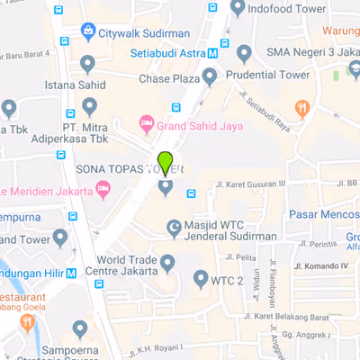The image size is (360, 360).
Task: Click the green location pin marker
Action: tap(165, 164)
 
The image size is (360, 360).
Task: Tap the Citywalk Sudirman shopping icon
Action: tap(88, 32)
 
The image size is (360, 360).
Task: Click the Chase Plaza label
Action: tap(170, 79)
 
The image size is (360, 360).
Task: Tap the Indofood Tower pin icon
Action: tap(238, 8)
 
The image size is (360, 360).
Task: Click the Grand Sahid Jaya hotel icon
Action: tap(144, 123)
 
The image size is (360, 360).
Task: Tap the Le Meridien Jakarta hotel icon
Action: tap(104, 190)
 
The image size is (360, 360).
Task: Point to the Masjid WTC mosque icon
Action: tap(175, 229)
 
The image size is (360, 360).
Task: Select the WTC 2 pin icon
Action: tap(201, 280)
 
